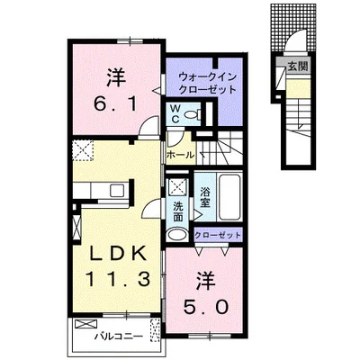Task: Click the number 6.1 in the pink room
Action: [x=115, y=103]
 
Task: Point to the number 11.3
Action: [x=117, y=278]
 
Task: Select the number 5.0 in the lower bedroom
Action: [x=206, y=307]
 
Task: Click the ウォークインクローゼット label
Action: [x=207, y=83]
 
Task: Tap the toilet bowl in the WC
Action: [x=193, y=114]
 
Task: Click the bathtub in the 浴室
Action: [x=229, y=197]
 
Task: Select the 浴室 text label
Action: [x=205, y=196]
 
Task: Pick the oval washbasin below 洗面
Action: [x=177, y=234]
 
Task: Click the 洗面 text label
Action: [x=178, y=211]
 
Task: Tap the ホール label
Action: [x=180, y=155]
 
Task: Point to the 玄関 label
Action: [x=298, y=67]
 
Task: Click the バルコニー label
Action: [x=119, y=337]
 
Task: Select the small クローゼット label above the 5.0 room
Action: [x=218, y=235]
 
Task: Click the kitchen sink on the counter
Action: [x=117, y=190]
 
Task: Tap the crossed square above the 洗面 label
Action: [x=177, y=187]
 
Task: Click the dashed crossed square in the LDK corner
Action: [x=83, y=150]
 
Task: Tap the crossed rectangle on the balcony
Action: [x=86, y=324]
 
